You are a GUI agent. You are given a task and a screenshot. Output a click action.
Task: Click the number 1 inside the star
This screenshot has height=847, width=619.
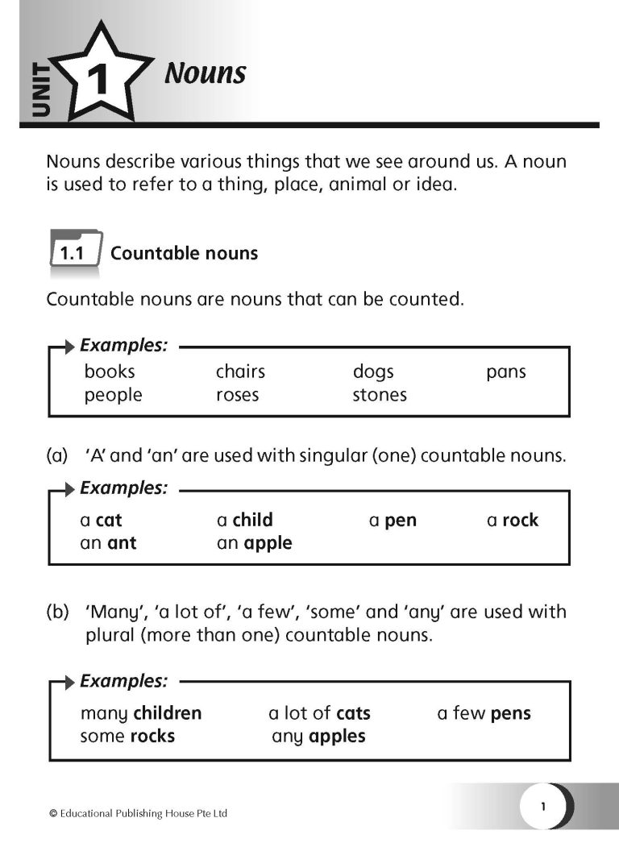tap(97, 81)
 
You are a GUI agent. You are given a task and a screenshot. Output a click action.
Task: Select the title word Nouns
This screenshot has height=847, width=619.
tap(205, 73)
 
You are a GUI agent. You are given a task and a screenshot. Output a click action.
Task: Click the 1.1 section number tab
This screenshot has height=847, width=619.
tap(73, 253)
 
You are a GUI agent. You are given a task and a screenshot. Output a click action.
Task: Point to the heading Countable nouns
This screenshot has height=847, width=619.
tap(184, 253)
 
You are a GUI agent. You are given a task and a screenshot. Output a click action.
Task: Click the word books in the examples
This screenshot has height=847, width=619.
tap(110, 372)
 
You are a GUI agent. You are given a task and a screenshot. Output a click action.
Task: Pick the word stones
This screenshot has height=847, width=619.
tap(380, 395)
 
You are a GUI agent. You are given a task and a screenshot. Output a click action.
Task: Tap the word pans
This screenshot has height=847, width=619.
tap(505, 372)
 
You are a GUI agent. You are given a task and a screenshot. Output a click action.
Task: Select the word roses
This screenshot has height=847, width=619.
tap(237, 395)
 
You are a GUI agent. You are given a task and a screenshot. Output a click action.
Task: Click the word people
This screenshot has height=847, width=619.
tap(113, 395)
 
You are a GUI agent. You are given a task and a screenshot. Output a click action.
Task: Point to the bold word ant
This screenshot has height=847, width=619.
tap(122, 543)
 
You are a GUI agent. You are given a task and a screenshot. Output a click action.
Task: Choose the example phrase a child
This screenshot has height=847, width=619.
tap(245, 520)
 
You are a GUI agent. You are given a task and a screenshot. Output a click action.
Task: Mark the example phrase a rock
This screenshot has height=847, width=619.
tap(513, 520)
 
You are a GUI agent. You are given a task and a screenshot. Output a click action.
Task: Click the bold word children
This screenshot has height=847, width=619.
tap(168, 713)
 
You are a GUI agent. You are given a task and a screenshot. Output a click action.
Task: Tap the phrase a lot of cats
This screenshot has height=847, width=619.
tap(319, 713)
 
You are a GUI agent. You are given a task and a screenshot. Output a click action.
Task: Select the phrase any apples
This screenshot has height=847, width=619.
tap(318, 736)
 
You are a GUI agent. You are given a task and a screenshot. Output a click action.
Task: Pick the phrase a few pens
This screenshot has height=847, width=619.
tap(484, 713)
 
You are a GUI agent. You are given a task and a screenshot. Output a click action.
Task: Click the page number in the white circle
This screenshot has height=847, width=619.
tap(543, 805)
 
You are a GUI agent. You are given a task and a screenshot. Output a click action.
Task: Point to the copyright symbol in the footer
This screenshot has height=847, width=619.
tap(53, 814)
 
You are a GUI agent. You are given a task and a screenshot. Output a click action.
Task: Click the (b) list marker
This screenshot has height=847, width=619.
tap(57, 612)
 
